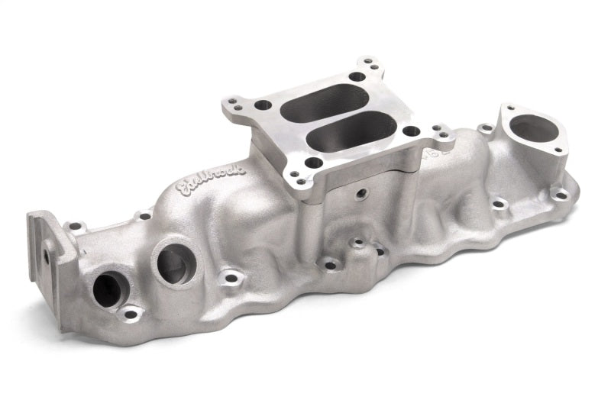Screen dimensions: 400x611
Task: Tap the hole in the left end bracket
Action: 47,257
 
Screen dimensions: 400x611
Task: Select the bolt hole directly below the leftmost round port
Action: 131,313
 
